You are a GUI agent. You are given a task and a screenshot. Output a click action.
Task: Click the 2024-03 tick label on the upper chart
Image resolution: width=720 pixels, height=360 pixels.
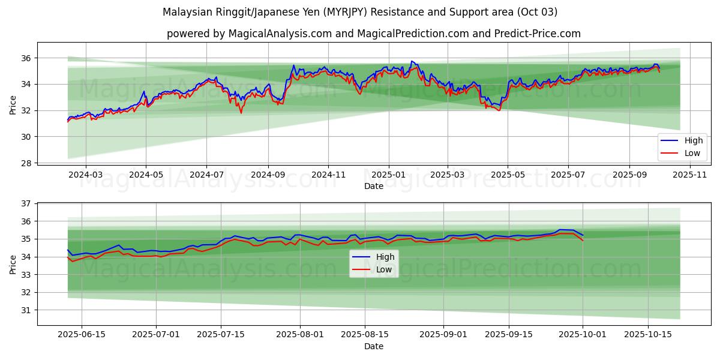tap(85, 174)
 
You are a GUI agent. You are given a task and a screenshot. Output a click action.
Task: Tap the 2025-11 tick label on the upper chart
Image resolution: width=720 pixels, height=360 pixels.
tap(690, 174)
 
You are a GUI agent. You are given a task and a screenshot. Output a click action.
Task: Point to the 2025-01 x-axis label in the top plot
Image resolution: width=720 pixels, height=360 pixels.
tap(388, 174)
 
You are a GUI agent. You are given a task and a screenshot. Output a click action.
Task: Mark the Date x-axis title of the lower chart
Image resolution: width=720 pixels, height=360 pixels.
tap(373, 346)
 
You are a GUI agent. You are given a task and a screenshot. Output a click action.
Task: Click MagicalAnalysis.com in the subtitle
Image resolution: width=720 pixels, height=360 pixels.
tap(280, 34)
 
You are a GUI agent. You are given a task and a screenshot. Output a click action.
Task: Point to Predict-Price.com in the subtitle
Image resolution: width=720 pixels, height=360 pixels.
tap(538, 34)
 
